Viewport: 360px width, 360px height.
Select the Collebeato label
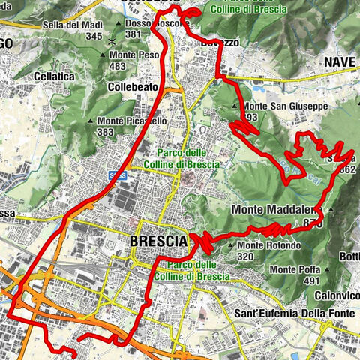[132, 87]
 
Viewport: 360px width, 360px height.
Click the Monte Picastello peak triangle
[91, 121]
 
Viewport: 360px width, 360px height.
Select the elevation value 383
[105, 132]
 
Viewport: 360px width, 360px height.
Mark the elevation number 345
[94, 36]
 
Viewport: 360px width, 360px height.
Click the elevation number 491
[310, 280]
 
